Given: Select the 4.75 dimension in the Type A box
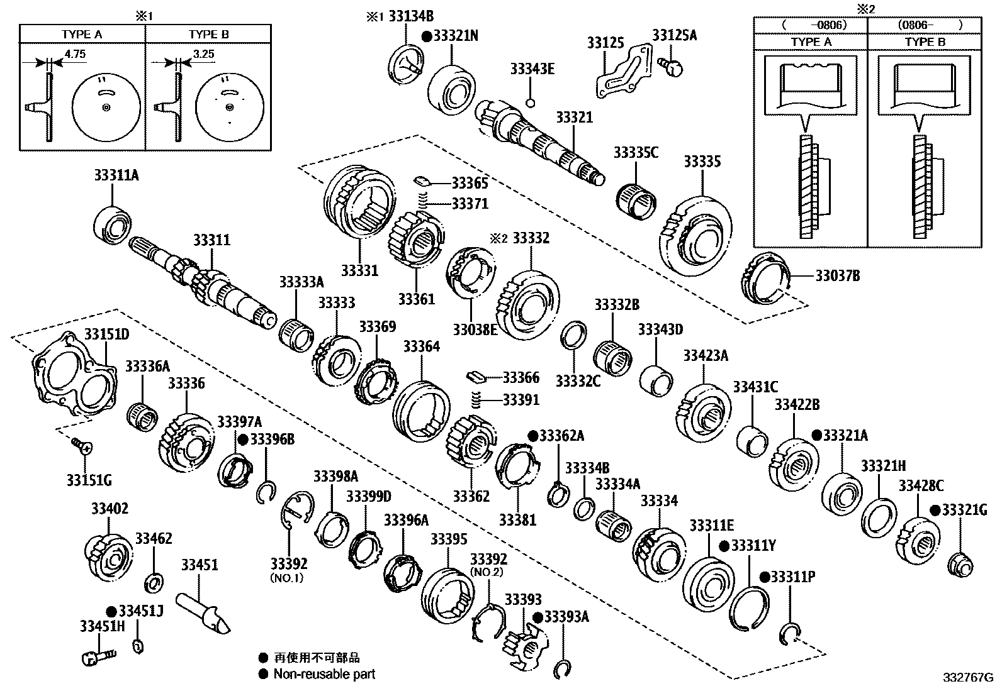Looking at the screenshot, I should (75, 54).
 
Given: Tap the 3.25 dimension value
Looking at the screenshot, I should (204, 54).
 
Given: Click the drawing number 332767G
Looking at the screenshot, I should (967, 678).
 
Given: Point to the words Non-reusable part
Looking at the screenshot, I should (324, 674).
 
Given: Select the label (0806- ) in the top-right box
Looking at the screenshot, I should (923, 25).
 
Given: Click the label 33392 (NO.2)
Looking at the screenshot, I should (488, 565).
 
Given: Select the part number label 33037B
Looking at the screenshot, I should (837, 275).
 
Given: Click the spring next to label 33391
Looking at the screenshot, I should (478, 401).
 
